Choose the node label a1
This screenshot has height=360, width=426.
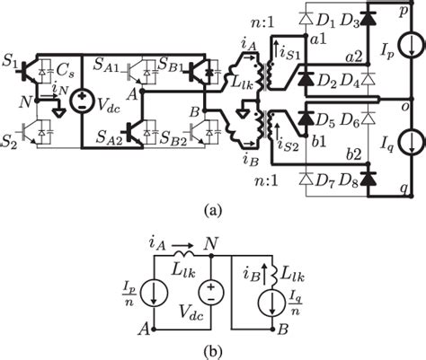tap(315, 40)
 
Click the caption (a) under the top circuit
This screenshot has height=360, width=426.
tap(212, 212)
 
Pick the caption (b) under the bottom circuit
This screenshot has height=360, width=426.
tap(212, 350)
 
